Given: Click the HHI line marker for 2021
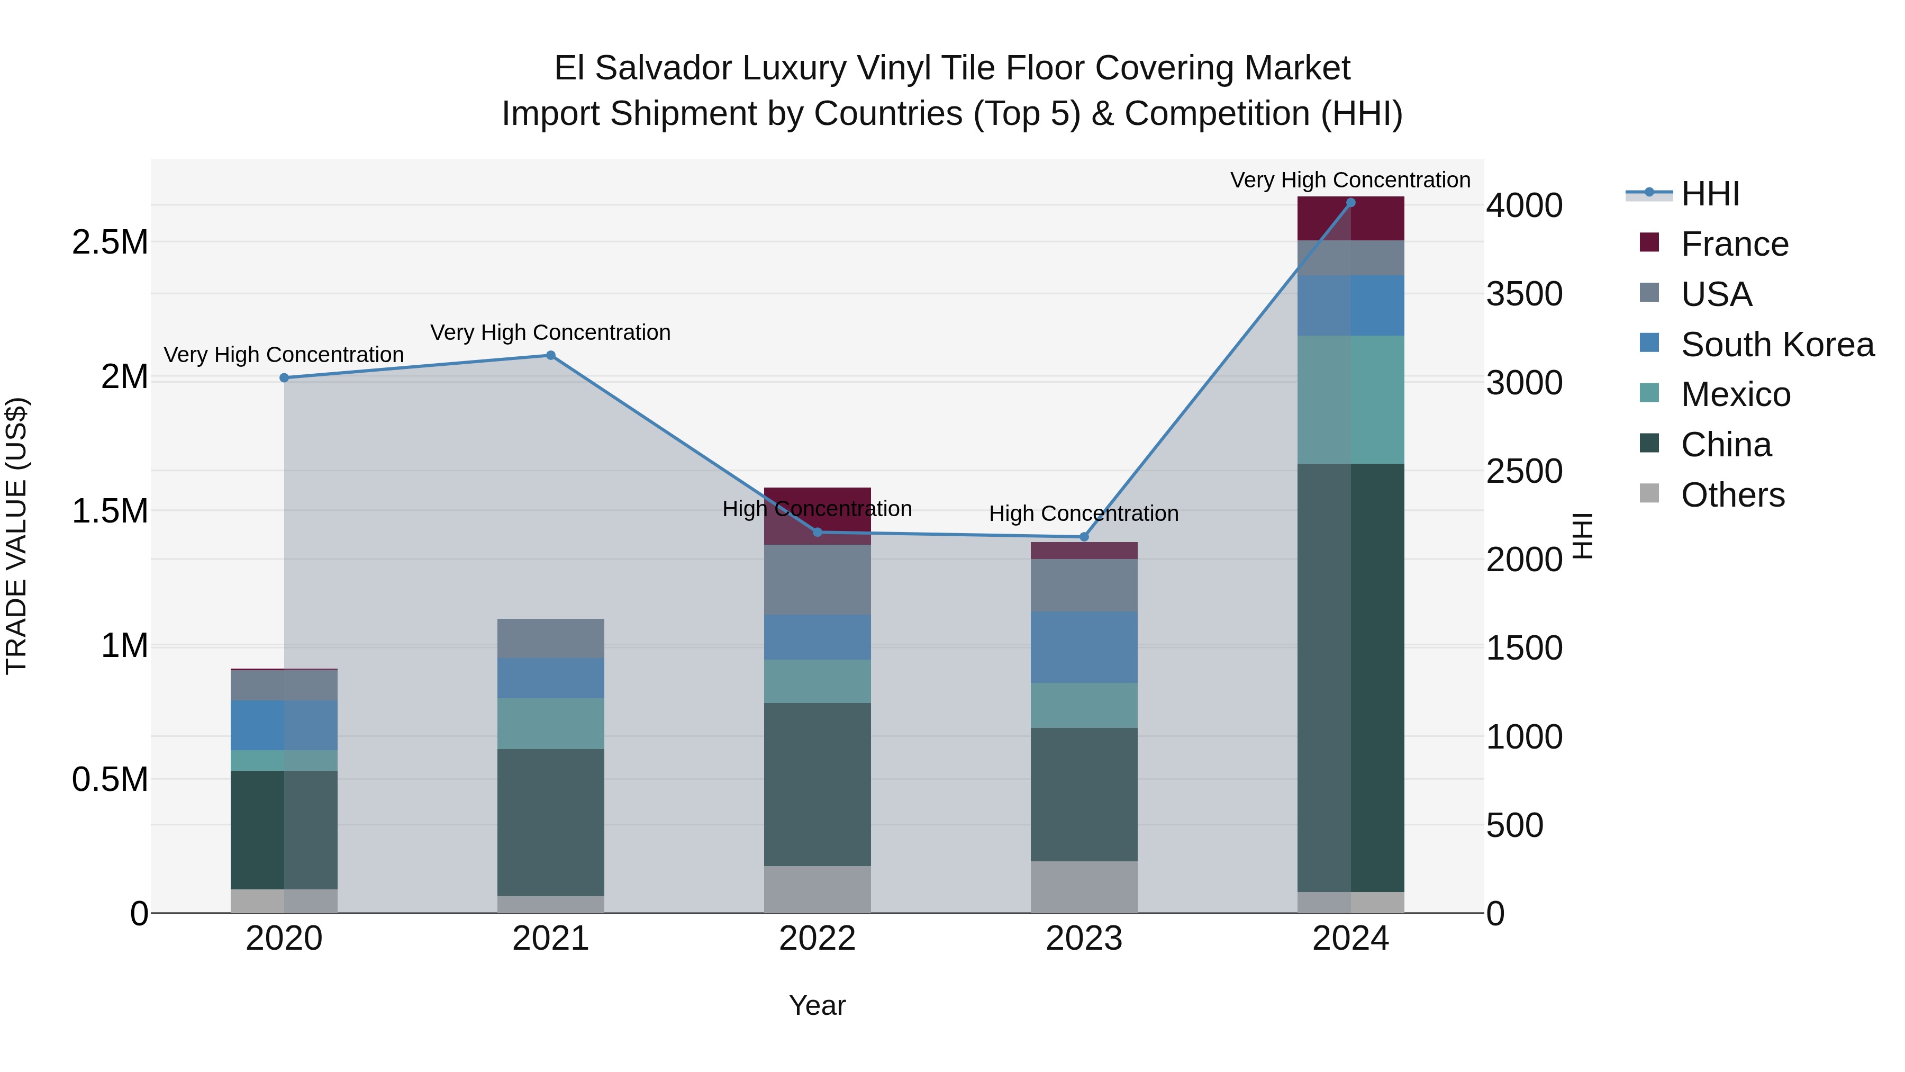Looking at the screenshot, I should [550, 355].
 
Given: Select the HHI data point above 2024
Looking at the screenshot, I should [1350, 203].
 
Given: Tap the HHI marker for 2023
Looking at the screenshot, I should [1084, 536].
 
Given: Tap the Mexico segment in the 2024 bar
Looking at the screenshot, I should [1350, 400].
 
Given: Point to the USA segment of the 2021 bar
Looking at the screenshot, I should [550, 638].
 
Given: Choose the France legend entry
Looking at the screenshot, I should [1734, 244].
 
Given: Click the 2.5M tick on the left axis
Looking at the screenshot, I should [110, 242].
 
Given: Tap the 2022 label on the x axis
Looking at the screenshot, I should [817, 939].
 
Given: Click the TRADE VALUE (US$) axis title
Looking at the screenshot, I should [17, 536].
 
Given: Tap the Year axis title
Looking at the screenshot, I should [817, 1005].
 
